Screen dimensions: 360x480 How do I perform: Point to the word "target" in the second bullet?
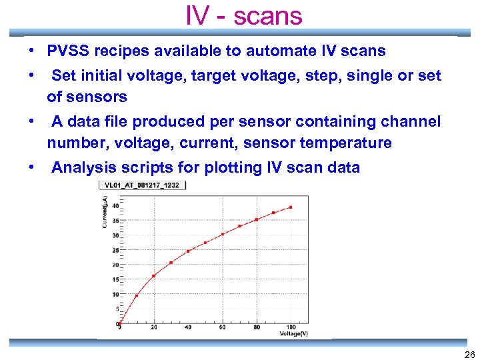pyautogui.click(x=215, y=76)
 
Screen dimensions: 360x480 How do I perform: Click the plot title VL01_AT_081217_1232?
pyautogui.click(x=143, y=185)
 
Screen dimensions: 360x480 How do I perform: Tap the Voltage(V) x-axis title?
pyautogui.click(x=293, y=333)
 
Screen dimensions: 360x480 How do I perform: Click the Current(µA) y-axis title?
pyautogui.click(x=105, y=213)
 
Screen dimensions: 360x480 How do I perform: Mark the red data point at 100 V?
pyautogui.click(x=291, y=207)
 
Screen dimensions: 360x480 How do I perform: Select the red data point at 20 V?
pyautogui.click(x=154, y=275)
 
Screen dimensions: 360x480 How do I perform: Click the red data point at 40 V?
pyautogui.click(x=188, y=251)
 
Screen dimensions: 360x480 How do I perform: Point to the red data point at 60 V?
pyautogui.click(x=223, y=234)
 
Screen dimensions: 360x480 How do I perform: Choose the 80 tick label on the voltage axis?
pyautogui.click(x=257, y=327)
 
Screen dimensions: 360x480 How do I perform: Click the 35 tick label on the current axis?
pyautogui.click(x=115, y=221)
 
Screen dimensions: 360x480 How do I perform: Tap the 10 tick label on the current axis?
pyautogui.click(x=115, y=294)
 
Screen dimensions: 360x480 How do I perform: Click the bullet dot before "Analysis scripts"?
pyautogui.click(x=32, y=167)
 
